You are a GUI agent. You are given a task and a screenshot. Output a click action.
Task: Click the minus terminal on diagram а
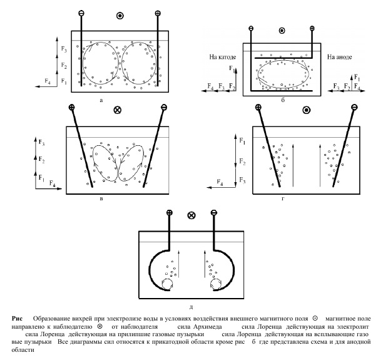pos(81,13)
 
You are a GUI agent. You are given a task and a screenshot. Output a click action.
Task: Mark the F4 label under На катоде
pos(208,86)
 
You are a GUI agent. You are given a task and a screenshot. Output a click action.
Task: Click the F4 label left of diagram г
pos(220,183)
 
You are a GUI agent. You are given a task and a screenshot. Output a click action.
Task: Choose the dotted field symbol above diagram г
pos(306,110)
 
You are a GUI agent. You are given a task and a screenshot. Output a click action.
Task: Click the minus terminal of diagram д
pos(213,213)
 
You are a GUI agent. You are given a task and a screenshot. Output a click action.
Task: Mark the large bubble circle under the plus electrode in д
pos(167,284)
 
